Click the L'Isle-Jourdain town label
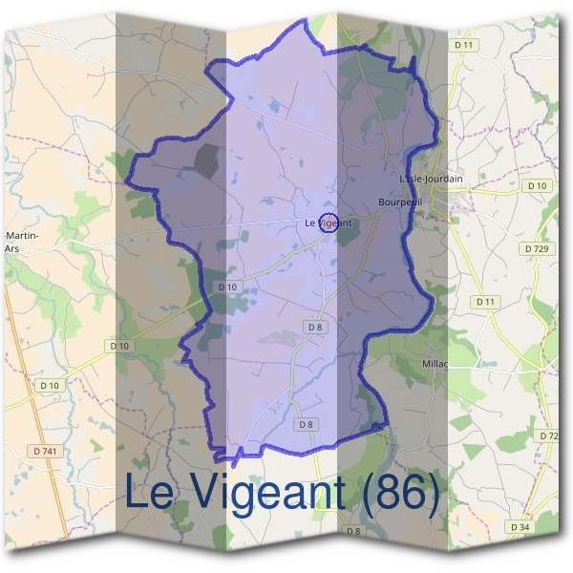[431, 179]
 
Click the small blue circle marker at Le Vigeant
[328, 223]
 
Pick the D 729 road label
[537, 247]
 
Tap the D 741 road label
[46, 450]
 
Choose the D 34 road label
[520, 527]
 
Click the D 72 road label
[548, 435]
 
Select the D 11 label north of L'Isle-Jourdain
[465, 45]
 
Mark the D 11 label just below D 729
[487, 302]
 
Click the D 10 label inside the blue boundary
[226, 286]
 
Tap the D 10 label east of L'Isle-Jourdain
[537, 185]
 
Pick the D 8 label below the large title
[353, 530]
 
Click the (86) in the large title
[400, 493]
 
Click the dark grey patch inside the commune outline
[206, 160]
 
